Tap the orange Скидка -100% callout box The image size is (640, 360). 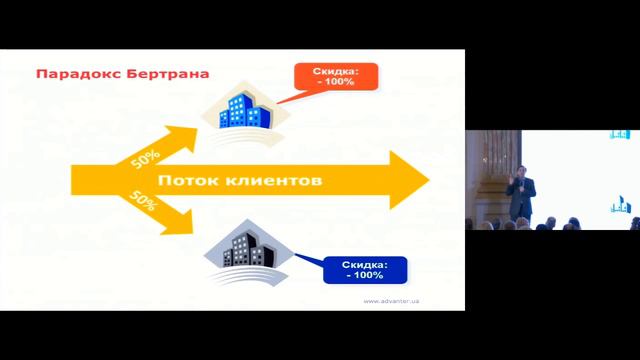point(331,77)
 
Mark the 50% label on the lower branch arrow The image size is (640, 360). point(144,203)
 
